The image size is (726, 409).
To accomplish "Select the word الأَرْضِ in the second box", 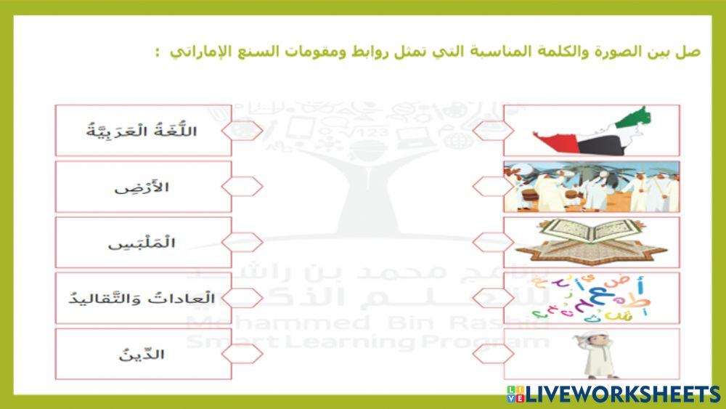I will pyautogui.click(x=142, y=187).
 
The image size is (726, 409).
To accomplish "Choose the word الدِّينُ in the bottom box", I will pyautogui.click(x=142, y=355).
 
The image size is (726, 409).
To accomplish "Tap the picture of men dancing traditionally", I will pyautogui.click(x=592, y=187).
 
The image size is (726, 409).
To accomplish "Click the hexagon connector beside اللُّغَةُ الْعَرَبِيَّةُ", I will pyautogui.click(x=242, y=131).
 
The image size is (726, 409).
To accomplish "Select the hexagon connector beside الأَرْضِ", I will pyautogui.click(x=242, y=187).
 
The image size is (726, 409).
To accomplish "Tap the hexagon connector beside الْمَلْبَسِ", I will pyautogui.click(x=242, y=243).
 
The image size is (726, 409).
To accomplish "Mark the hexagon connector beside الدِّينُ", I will pyautogui.click(x=242, y=354).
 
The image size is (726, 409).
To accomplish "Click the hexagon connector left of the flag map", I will pyautogui.click(x=493, y=131).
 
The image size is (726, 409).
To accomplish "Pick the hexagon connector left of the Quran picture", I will pyautogui.click(x=493, y=243).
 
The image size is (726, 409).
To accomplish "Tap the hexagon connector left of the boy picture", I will pyautogui.click(x=493, y=354).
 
